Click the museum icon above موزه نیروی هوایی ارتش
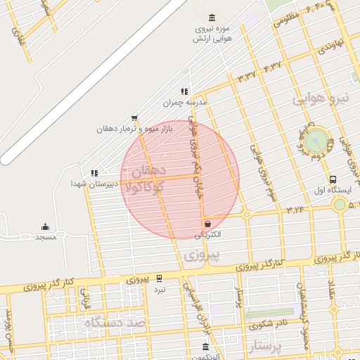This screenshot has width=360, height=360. tap(212, 18)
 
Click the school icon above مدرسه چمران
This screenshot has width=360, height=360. tap(184, 91)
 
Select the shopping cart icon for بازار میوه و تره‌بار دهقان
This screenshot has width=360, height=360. tap(134, 118)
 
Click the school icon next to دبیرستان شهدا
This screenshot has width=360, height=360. tap(94, 172)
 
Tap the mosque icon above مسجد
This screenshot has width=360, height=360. tap(45, 226)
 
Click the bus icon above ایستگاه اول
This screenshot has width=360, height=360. tap(333, 179)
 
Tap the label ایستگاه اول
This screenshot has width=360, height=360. tap(333, 190)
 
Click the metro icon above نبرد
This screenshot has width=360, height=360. tap(160, 278)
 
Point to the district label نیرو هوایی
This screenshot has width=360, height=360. tap(321, 99)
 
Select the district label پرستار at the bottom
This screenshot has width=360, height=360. tap(265, 347)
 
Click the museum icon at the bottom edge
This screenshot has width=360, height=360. tap(205, 347)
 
